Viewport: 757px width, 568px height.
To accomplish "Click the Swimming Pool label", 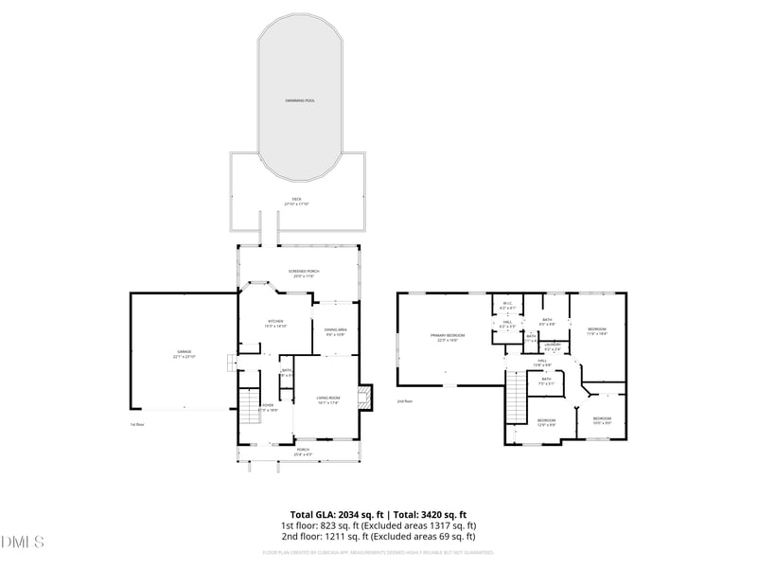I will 300,99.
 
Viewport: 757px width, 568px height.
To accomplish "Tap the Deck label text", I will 296,201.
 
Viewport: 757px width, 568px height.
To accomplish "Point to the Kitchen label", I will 275,323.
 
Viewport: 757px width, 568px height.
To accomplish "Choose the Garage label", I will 183,354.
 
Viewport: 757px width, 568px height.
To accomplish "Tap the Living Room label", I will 328,399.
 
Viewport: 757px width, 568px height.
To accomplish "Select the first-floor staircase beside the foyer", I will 248,410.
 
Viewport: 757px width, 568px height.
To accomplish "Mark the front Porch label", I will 303,452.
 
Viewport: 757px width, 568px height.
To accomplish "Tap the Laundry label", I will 553,346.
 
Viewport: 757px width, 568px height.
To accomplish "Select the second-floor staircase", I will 516,396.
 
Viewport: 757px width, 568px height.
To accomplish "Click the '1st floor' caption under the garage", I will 137,424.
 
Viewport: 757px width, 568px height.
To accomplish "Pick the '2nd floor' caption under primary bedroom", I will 405,401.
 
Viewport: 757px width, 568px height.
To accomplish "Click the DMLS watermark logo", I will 23,542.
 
